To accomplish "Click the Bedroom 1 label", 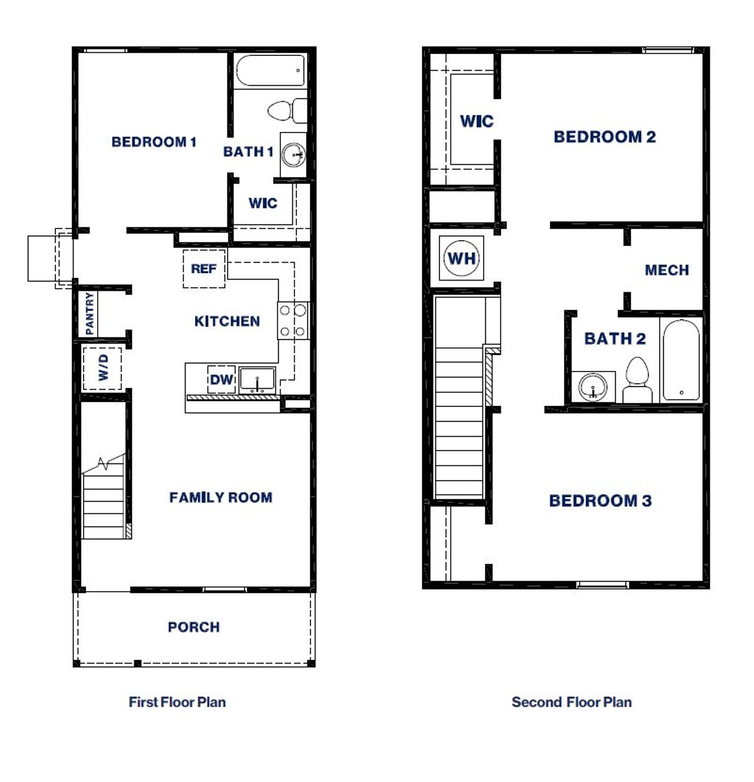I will pos(154,142).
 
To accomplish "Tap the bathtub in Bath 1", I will pos(271,71).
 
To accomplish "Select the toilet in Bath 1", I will pos(286,111).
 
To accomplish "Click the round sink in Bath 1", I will pos(293,155).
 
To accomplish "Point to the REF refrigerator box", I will pos(204,269).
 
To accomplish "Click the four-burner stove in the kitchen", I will pos(293,320).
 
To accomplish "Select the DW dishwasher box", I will pos(221,380).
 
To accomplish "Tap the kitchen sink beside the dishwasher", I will pos(257,380).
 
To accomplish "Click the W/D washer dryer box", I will pos(102,368).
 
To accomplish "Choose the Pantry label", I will pos(89,313).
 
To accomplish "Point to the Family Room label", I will pos(220,498).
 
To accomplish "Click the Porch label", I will pos(193,627).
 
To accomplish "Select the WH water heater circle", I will pos(462,258).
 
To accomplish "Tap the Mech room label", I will pos(666,270).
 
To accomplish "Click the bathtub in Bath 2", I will pos(681,360).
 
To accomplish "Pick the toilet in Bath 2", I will pos(637,381).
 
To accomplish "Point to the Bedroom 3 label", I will pos(600,501).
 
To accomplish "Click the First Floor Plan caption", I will pos(177,702).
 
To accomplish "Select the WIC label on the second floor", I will pos(476,121).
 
